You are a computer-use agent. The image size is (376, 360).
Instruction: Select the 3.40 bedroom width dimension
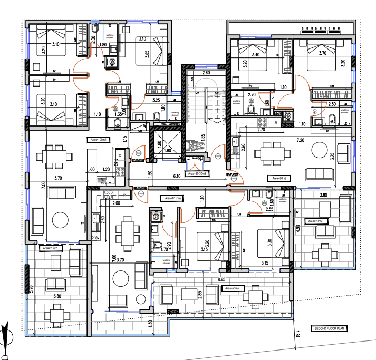coord(256,54)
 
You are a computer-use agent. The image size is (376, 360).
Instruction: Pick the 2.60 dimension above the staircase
coord(206,73)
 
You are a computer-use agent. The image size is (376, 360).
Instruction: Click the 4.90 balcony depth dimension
coord(297,228)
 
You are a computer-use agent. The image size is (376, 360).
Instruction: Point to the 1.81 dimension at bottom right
coord(297,334)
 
